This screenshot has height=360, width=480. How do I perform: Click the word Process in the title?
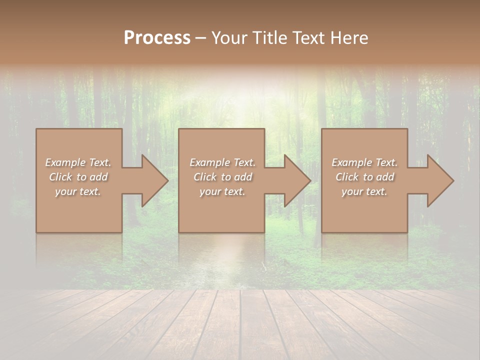click(x=157, y=38)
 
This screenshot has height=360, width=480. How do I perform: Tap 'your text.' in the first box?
click(x=78, y=191)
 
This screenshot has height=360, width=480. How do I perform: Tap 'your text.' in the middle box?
click(x=222, y=191)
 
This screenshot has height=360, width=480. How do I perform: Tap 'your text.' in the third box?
click(x=364, y=191)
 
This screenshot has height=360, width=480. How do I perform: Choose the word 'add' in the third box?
click(x=385, y=177)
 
